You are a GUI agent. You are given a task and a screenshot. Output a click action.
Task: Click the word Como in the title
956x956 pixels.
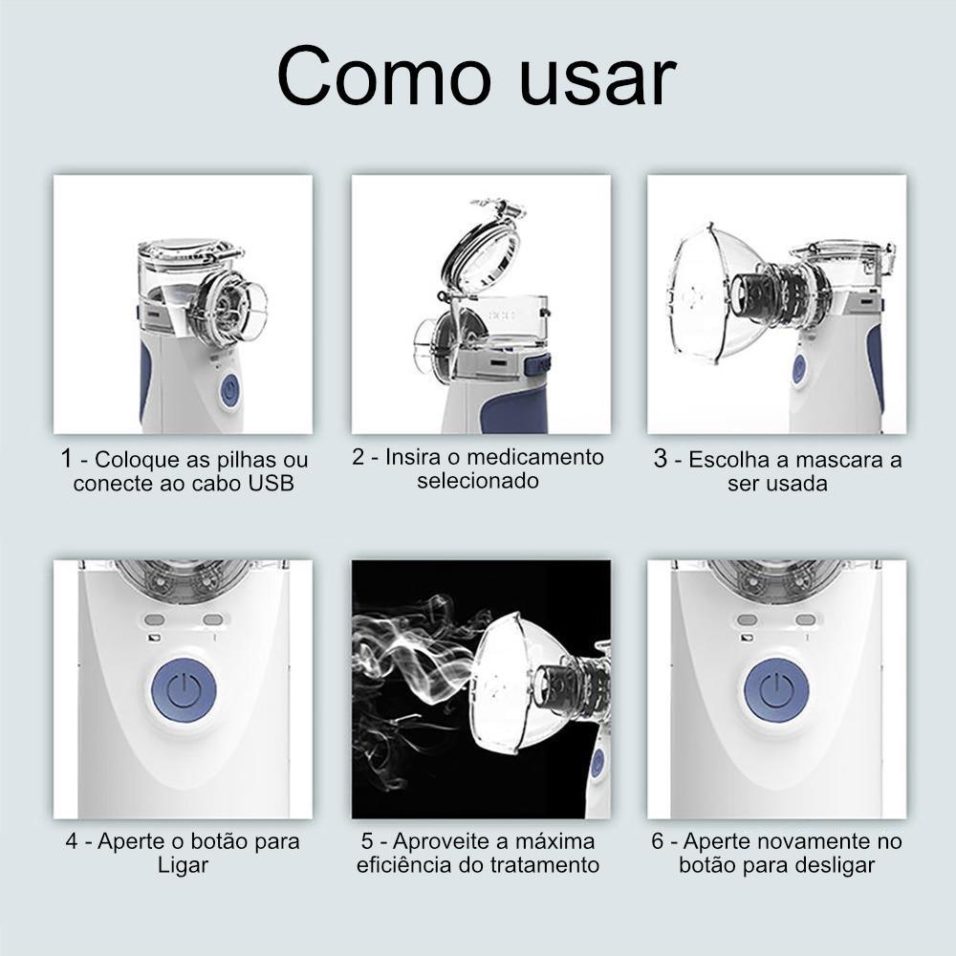point(383,76)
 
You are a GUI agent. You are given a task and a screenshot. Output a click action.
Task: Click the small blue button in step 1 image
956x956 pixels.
point(229,390)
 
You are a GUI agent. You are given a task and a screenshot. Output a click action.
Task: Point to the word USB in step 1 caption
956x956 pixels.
point(271,484)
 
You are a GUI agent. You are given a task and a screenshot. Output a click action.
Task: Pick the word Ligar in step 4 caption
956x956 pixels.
point(183,866)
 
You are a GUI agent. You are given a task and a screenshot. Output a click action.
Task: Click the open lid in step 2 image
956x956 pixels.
point(482,247)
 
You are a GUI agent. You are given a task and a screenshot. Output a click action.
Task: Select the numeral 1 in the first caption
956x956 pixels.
point(67,459)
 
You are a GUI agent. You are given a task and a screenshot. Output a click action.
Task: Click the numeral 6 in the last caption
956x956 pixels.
point(658,841)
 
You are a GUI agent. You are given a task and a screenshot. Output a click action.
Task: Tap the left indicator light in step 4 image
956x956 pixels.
point(155,619)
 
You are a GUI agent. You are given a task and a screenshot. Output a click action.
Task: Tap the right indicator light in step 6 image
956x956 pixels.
point(805,619)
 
